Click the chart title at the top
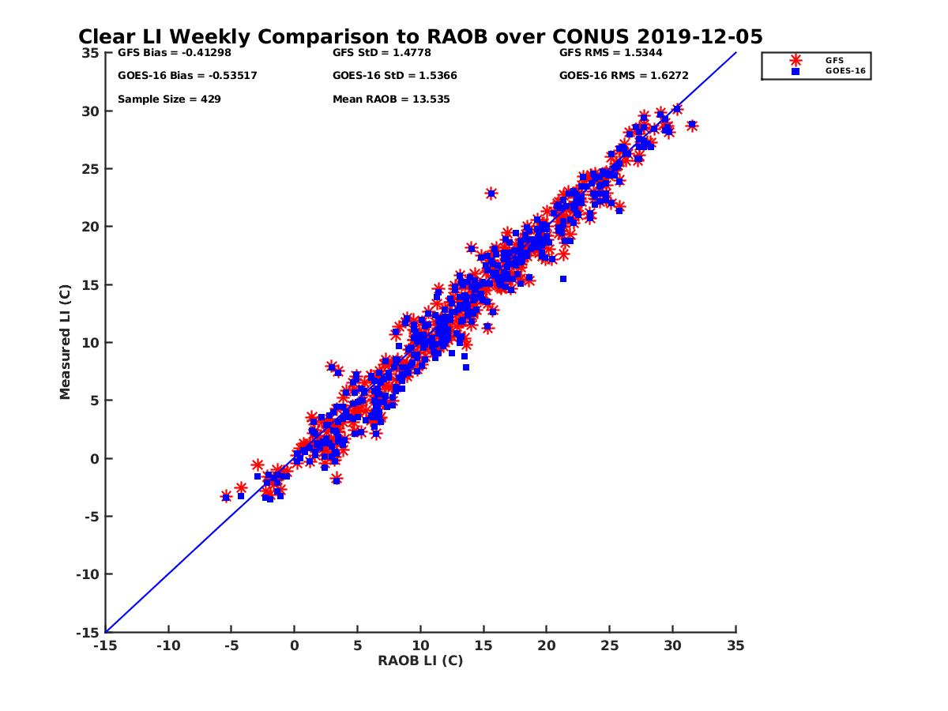tap(420, 37)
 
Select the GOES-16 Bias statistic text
tap(187, 76)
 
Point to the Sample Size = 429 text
tap(169, 100)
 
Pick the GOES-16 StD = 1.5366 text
tap(395, 76)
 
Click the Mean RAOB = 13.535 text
tap(391, 100)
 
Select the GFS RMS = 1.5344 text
tap(611, 53)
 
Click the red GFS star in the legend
tap(796, 60)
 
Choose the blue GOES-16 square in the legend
tap(796, 71)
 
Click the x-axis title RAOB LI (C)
tap(420, 660)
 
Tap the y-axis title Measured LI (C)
tap(65, 343)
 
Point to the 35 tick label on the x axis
tap(735, 645)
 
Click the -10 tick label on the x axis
tap(167, 645)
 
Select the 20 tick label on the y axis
tap(92, 227)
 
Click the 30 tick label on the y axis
tap(92, 111)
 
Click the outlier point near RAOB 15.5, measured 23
tap(491, 193)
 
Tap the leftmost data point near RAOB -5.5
tap(226, 497)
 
